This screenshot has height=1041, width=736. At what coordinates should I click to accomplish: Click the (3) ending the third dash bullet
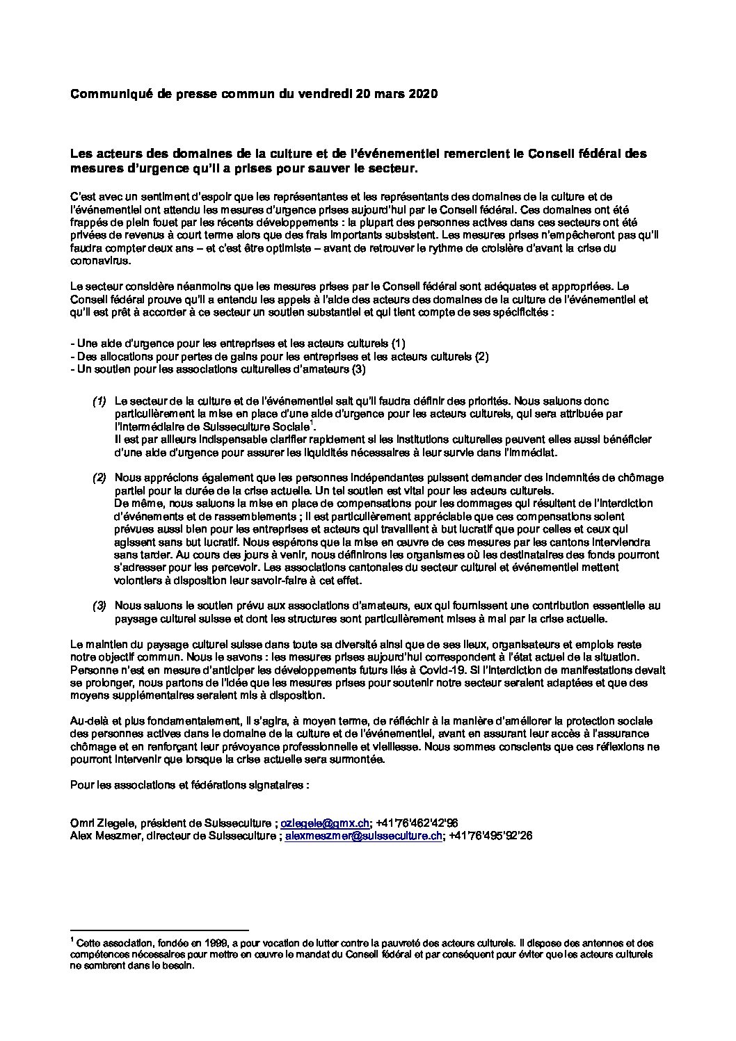(x=358, y=369)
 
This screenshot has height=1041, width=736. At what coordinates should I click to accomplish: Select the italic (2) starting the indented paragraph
(x=99, y=478)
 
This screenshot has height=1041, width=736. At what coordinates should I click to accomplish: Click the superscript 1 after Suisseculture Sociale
(x=313, y=422)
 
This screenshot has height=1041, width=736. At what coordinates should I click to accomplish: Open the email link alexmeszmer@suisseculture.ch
(x=364, y=835)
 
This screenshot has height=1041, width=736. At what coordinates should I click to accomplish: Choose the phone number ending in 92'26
(x=490, y=835)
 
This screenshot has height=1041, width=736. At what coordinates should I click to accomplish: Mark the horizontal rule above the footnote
(x=159, y=930)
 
